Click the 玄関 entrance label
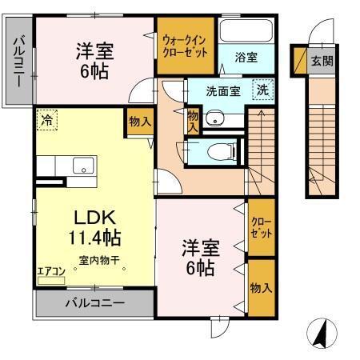point(322,60)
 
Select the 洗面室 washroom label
point(222,90)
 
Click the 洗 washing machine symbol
point(262,90)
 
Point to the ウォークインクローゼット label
point(185,45)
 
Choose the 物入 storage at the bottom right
point(260,287)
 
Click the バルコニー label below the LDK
point(94,303)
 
